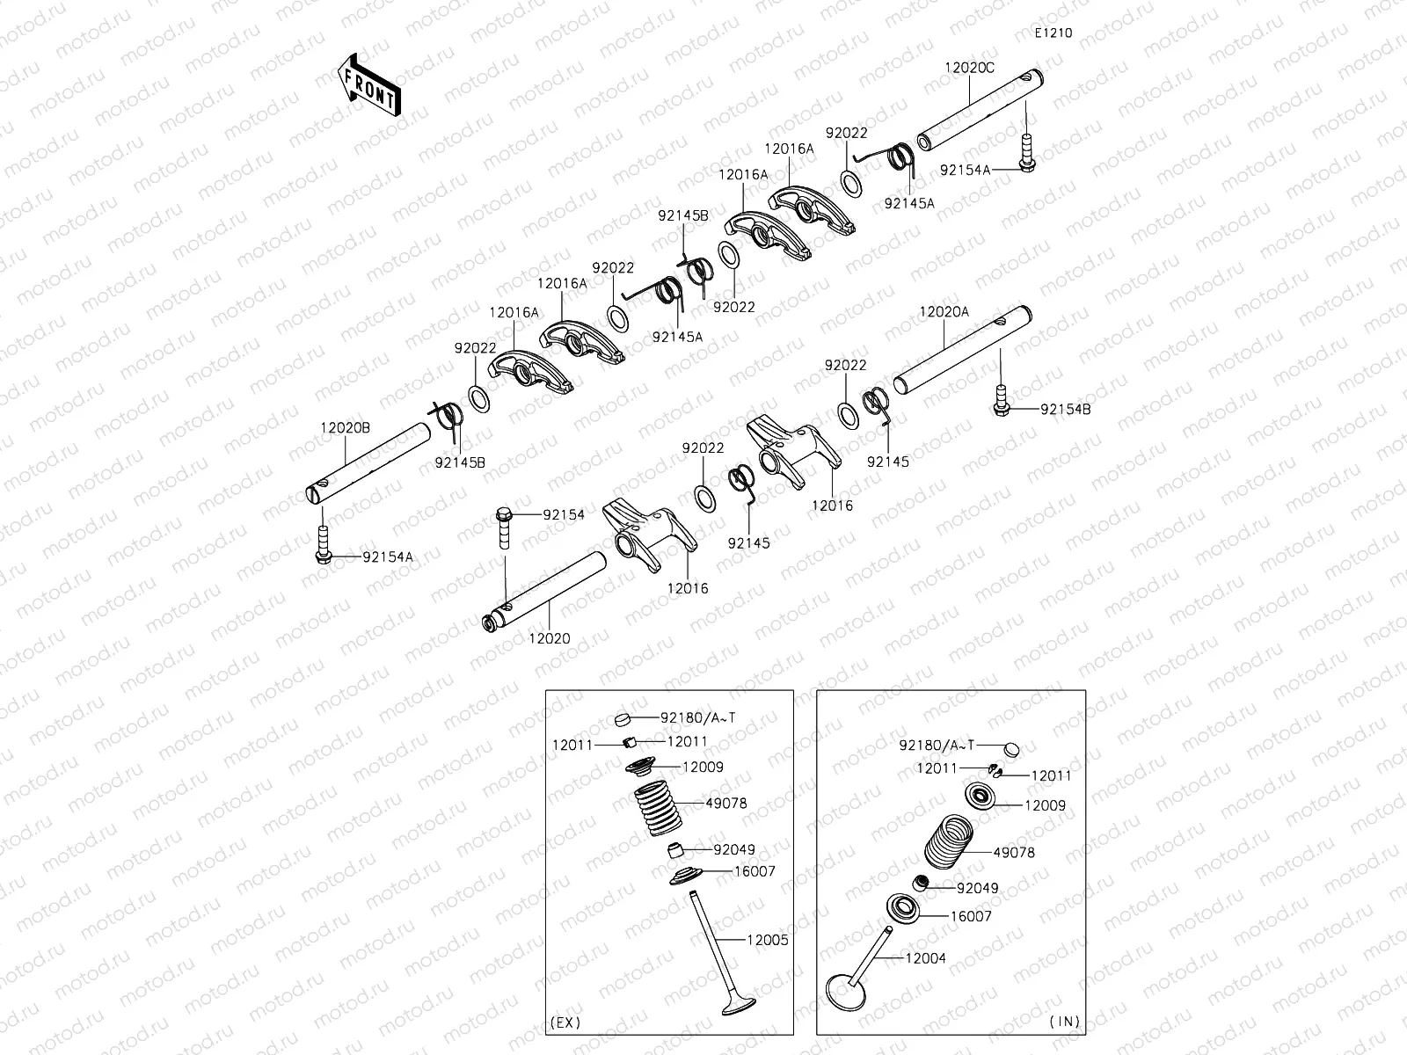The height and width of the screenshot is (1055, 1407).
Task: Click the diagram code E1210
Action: click(x=1053, y=33)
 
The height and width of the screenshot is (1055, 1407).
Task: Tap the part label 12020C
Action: click(x=969, y=68)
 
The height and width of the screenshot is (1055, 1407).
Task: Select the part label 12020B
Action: click(x=345, y=427)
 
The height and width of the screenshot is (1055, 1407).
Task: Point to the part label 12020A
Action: click(x=944, y=311)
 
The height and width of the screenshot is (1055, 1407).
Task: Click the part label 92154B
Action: click(x=1065, y=409)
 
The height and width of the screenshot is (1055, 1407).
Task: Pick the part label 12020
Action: click(x=549, y=638)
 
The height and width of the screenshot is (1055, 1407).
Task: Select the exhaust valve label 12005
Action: click(x=767, y=940)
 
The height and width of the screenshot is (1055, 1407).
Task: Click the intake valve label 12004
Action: click(x=925, y=958)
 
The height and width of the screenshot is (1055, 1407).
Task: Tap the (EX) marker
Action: click(x=565, y=1022)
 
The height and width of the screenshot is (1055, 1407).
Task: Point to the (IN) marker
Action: click(x=1064, y=1022)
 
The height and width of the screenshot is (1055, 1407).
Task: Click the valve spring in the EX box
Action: click(x=659, y=809)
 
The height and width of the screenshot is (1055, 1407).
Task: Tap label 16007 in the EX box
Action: click(x=755, y=871)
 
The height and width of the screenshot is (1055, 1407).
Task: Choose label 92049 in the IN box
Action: click(x=977, y=888)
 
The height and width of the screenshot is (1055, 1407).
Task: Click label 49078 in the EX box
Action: click(x=725, y=803)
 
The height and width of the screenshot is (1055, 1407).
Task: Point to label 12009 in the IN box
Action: click(x=1044, y=805)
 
